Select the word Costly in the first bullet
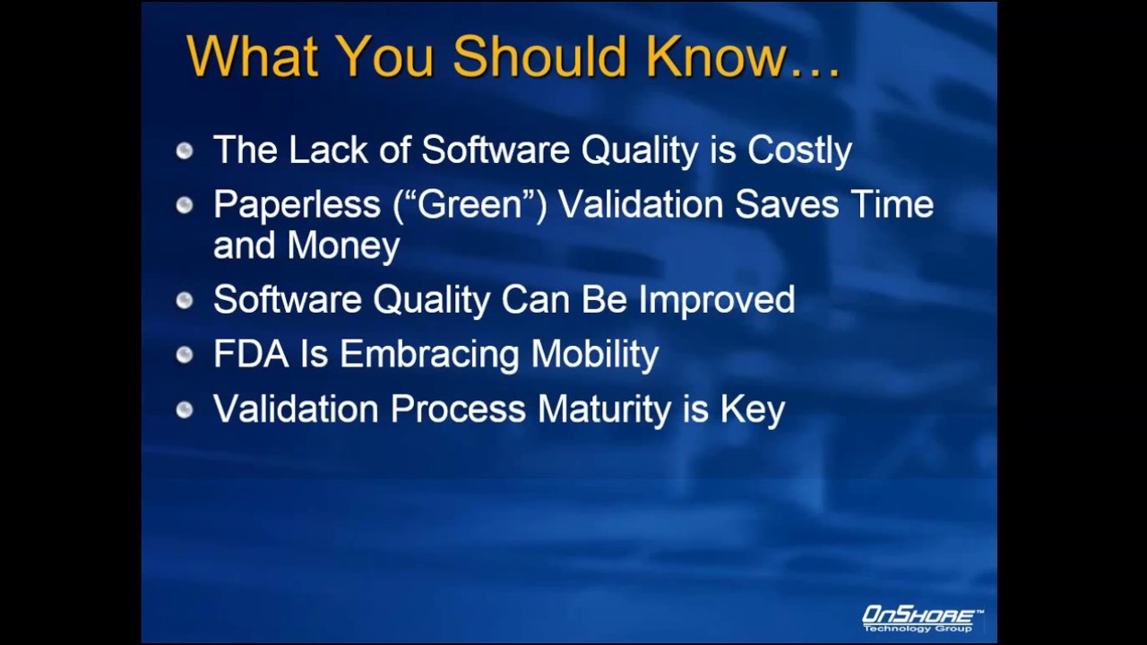pyautogui.click(x=799, y=150)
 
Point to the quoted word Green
pyautogui.click(x=470, y=205)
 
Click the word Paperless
pyautogui.click(x=297, y=205)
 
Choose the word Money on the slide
pyautogui.click(x=343, y=245)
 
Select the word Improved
pyautogui.click(x=716, y=300)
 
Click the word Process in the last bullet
pyautogui.click(x=458, y=409)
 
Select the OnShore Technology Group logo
pyautogui.click(x=921, y=618)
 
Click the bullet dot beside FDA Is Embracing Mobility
pyautogui.click(x=185, y=355)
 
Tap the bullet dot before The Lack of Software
pyautogui.click(x=185, y=150)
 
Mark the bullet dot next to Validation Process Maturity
pyautogui.click(x=185, y=409)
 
